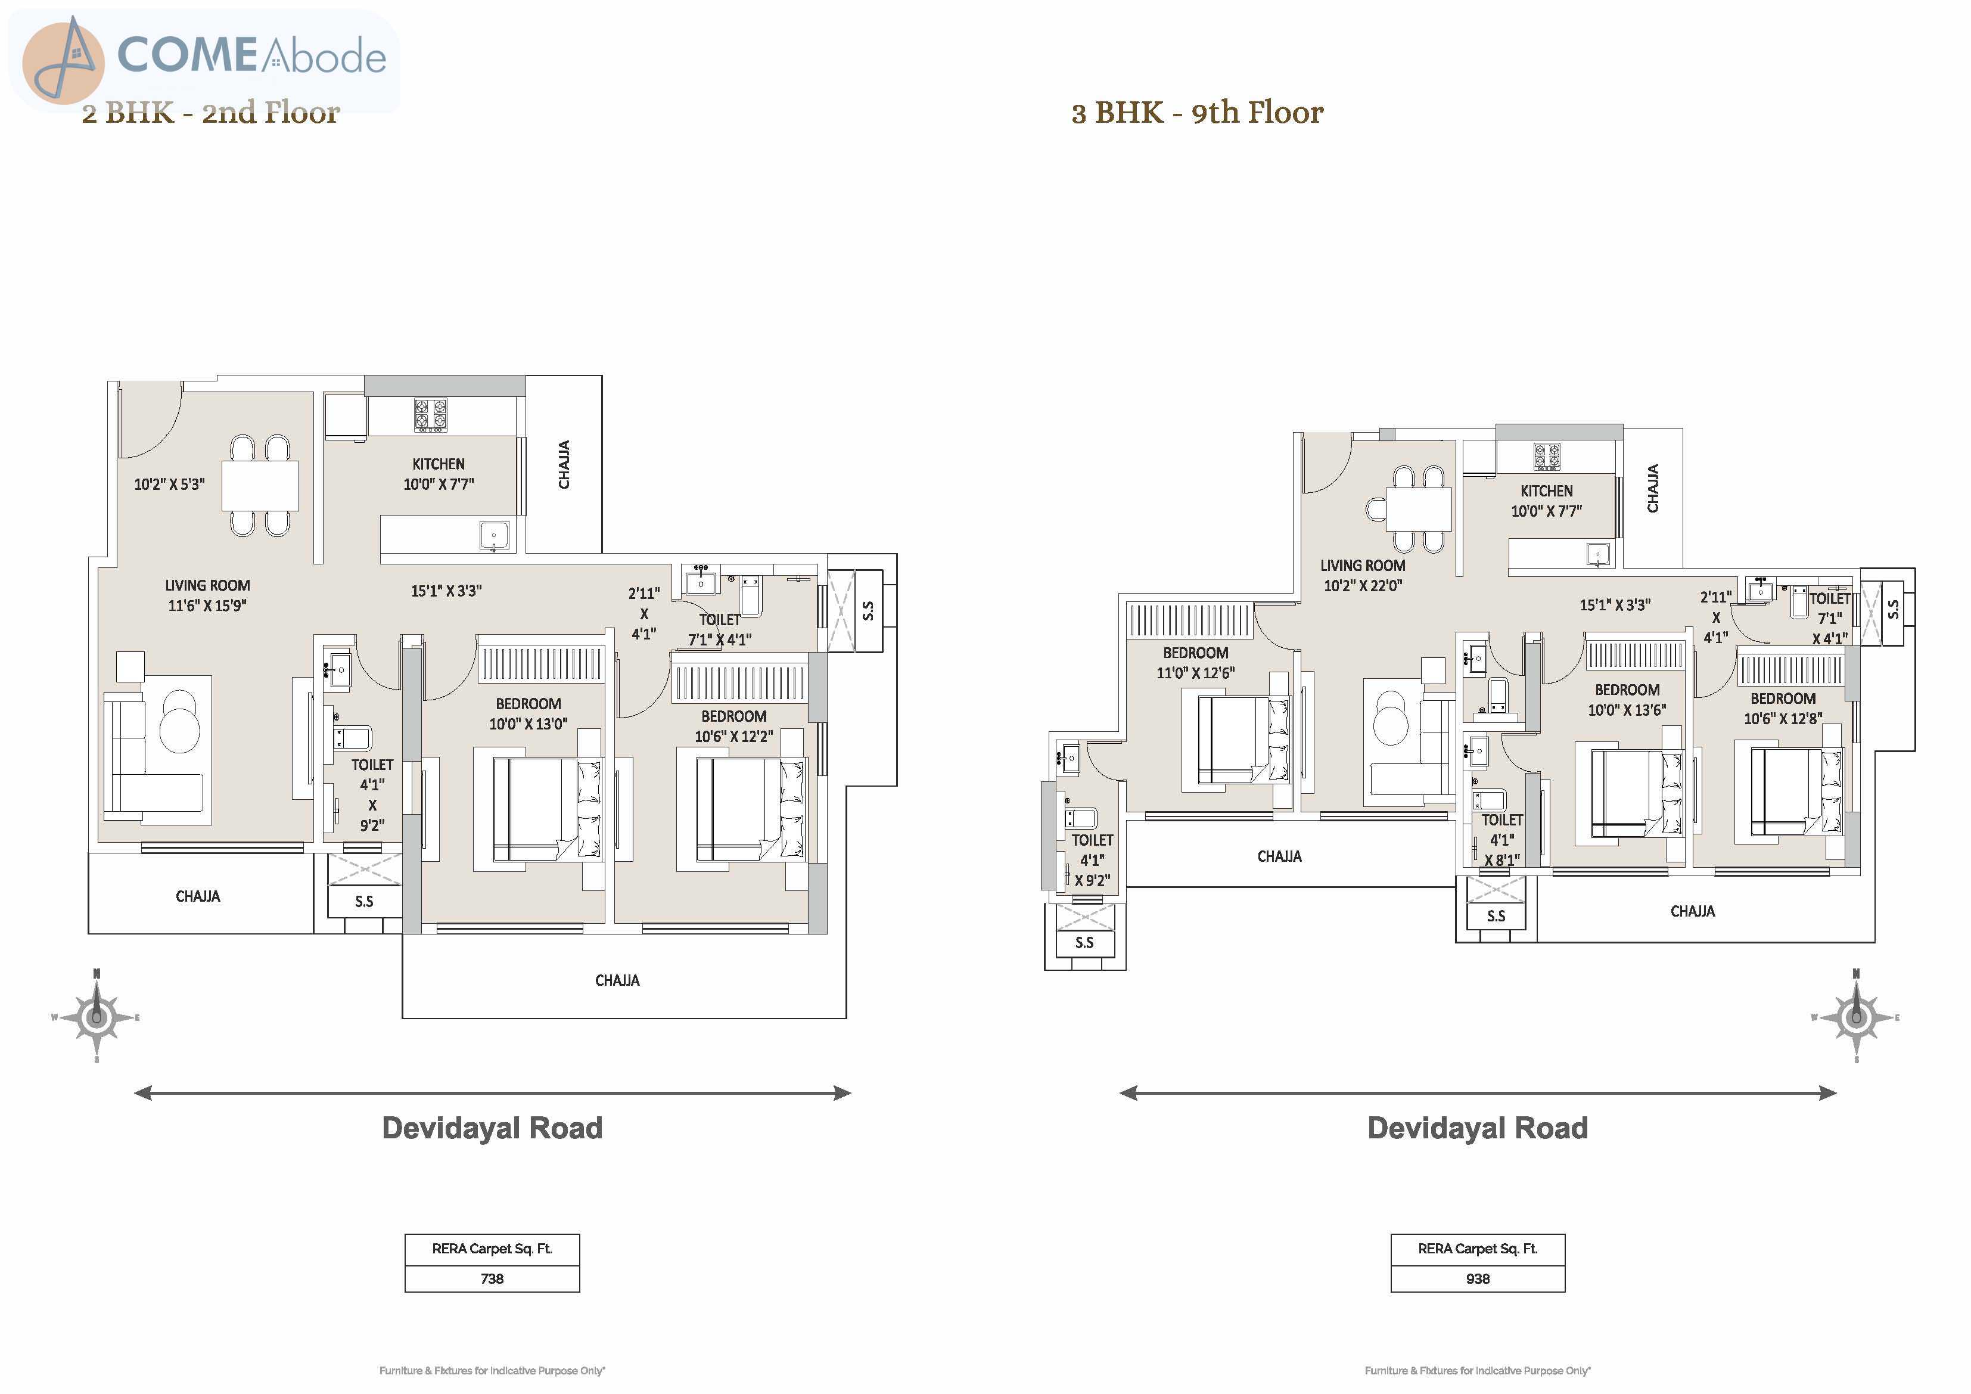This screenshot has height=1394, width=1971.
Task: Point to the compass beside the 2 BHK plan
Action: (96, 1017)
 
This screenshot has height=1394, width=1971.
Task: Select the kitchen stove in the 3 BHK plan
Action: (1547, 456)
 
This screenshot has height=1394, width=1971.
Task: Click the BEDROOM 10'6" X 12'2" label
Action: (734, 727)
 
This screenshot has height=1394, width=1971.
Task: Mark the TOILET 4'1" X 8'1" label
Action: (1502, 840)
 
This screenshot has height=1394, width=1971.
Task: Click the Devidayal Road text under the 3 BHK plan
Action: (1478, 1128)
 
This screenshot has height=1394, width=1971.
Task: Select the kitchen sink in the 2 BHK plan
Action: (493, 536)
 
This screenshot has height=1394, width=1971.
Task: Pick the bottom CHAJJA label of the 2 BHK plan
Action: (617, 980)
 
